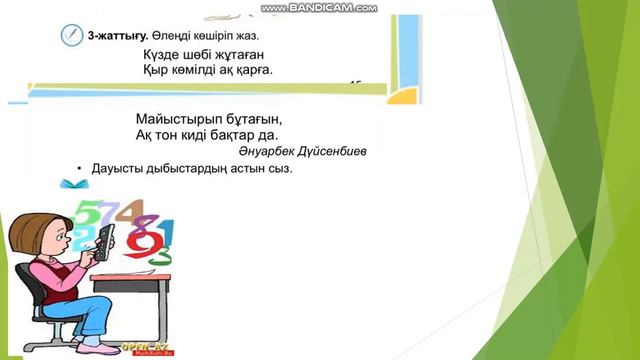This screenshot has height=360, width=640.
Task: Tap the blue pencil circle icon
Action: (x=71, y=35)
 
